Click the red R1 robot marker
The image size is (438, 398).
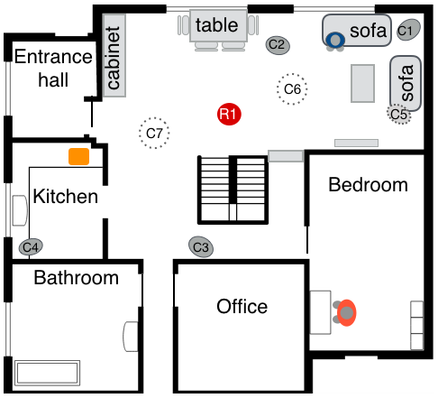pyautogui.click(x=229, y=115)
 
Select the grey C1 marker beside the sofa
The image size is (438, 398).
pyautogui.click(x=408, y=30)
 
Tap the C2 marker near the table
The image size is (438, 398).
pyautogui.click(x=278, y=45)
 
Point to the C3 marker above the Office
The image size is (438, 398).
pyautogui.click(x=201, y=247)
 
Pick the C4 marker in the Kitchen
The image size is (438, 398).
pyautogui.click(x=31, y=247)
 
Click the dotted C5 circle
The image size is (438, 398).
pyautogui.click(x=398, y=114)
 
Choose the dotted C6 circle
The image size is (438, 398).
pyautogui.click(x=292, y=89)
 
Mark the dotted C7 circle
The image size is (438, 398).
pyautogui.click(x=154, y=133)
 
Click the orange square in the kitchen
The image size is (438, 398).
pyautogui.click(x=78, y=156)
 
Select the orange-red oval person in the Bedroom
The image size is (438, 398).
pyautogui.click(x=346, y=312)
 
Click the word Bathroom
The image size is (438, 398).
pyautogui.click(x=76, y=277)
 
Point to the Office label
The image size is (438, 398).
pyautogui.click(x=242, y=307)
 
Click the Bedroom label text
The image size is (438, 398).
pyautogui.click(x=368, y=184)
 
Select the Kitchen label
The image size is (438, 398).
pyautogui.click(x=66, y=196)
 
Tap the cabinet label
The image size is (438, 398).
pyautogui.click(x=114, y=58)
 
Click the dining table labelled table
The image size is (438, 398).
pyautogui.click(x=218, y=25)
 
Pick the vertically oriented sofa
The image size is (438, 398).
pyautogui.click(x=406, y=83)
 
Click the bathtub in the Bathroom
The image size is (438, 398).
pyautogui.click(x=48, y=373)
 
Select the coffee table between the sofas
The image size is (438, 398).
pyautogui.click(x=362, y=83)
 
